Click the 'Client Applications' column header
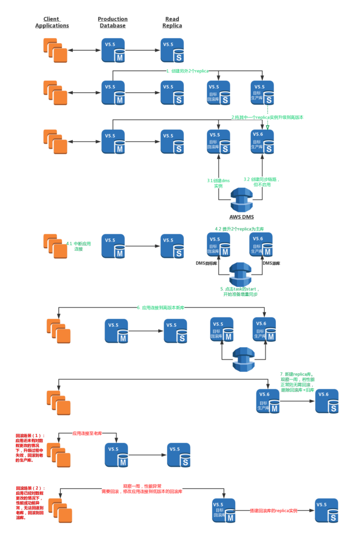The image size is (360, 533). [52, 22]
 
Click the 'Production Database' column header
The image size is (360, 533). [112, 22]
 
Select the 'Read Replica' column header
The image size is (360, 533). [172, 22]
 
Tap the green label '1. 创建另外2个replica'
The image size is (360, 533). [187, 71]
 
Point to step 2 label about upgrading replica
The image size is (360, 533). [267, 117]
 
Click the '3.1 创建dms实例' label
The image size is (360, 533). [218, 183]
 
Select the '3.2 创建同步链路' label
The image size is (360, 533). [262, 182]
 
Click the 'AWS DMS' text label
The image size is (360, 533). [241, 217]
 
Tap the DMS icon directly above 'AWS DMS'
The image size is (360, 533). [241, 200]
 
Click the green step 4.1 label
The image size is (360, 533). [79, 246]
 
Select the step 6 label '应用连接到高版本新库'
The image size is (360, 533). [160, 308]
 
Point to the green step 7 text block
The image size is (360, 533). [297, 382]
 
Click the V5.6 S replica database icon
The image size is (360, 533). [326, 401]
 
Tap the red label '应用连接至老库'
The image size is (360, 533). [87, 433]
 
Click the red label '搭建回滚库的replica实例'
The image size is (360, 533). [273, 511]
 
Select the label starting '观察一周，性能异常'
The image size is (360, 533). [142, 488]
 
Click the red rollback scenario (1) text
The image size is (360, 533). [30, 448]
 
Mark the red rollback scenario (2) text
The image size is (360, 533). [30, 503]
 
